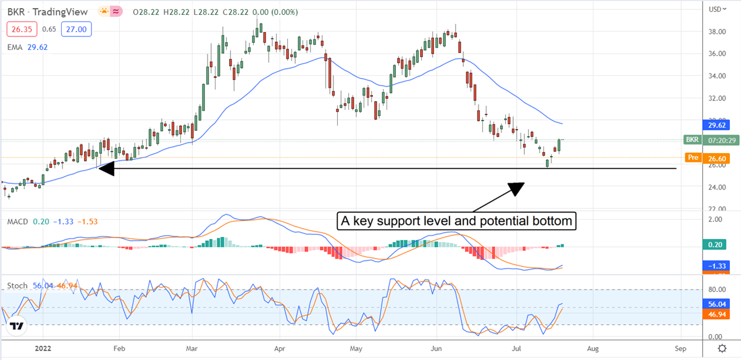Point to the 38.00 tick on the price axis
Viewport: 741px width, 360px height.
click(x=716, y=31)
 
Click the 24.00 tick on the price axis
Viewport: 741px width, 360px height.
click(x=716, y=187)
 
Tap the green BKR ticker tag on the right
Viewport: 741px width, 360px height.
click(x=693, y=140)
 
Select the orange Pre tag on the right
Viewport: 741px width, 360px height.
click(x=693, y=157)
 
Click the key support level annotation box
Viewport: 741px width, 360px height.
click(x=456, y=220)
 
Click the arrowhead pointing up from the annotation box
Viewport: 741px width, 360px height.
click(x=517, y=188)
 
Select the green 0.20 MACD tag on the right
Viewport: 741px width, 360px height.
click(x=716, y=245)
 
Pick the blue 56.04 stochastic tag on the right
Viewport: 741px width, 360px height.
click(x=716, y=304)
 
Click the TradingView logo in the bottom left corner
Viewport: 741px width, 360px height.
click(x=17, y=327)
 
